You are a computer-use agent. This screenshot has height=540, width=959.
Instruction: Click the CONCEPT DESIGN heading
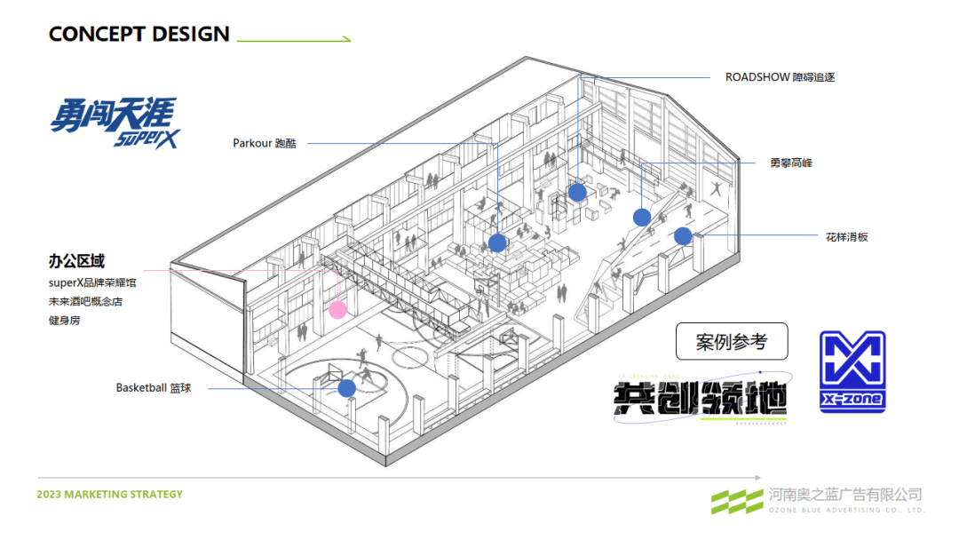[x=139, y=35]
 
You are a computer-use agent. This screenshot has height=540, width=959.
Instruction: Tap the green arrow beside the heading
[x=294, y=39]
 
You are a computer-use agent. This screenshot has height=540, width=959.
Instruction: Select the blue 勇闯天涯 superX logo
[x=114, y=123]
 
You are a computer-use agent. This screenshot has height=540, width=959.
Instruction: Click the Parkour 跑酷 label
[x=265, y=143]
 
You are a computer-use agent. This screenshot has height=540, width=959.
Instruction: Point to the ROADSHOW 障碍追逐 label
[x=780, y=77]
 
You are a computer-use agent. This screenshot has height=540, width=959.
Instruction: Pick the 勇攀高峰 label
[x=791, y=163]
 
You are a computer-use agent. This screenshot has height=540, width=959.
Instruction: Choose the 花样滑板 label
[x=846, y=237]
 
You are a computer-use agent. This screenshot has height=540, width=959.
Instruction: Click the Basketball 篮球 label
[x=154, y=388]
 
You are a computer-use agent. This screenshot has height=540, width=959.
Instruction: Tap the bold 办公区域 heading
[x=76, y=261]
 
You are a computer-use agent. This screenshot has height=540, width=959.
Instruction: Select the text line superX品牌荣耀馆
[x=92, y=282]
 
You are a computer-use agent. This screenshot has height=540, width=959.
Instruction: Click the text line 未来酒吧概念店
[x=85, y=301]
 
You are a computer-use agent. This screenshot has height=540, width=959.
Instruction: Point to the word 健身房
[x=64, y=320]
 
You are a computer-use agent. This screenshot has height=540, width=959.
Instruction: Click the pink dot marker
[x=337, y=309]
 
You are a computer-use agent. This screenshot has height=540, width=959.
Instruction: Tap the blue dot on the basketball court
[x=346, y=388]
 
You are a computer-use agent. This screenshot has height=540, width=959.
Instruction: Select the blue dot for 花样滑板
[x=682, y=236]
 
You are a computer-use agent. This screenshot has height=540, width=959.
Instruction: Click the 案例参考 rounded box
[x=731, y=341]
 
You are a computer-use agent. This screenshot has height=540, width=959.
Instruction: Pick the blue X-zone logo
[x=852, y=372]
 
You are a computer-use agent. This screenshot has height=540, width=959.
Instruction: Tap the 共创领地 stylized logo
[x=701, y=402]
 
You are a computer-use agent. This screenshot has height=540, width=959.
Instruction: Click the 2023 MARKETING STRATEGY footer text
[x=110, y=494]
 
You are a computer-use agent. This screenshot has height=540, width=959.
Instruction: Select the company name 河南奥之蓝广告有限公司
[x=845, y=495]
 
